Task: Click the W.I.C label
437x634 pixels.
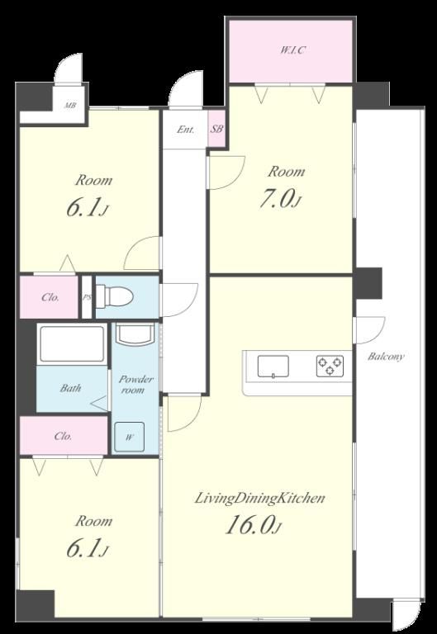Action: click(292, 50)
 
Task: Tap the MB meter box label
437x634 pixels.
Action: click(70, 106)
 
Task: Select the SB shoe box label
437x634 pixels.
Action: click(216, 130)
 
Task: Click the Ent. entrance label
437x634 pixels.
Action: click(186, 130)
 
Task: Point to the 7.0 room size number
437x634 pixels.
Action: click(275, 199)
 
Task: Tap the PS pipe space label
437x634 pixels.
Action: click(87, 297)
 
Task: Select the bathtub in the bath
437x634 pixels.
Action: click(72, 344)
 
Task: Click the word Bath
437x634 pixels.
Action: click(70, 388)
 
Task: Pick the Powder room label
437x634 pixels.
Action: click(135, 385)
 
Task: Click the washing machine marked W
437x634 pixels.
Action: click(129, 437)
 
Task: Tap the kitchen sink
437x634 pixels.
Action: click(273, 367)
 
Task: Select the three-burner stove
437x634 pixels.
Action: click(330, 367)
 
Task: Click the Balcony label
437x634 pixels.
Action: click(386, 357)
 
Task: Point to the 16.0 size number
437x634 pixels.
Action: click(249, 525)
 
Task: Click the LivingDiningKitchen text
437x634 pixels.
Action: click(260, 498)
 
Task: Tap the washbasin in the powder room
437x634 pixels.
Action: click(135, 334)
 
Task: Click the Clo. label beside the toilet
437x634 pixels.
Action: click(50, 297)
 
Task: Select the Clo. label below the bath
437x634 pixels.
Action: click(63, 436)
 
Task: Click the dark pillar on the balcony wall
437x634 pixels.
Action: click(368, 283)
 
